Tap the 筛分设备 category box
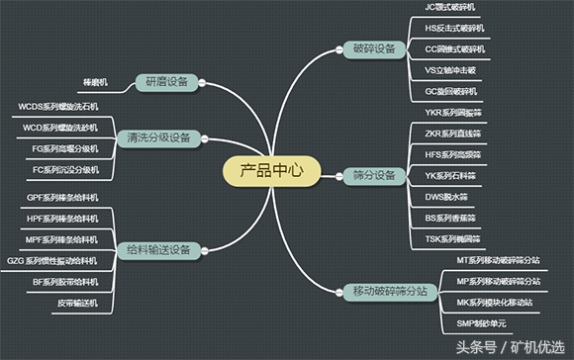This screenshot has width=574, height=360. (x=373, y=175)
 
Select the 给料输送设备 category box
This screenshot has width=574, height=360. (x=158, y=250)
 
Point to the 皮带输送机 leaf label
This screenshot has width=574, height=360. (x=76, y=303)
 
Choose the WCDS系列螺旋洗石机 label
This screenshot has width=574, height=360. (x=58, y=106)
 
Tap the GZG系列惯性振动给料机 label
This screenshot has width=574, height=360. (x=51, y=261)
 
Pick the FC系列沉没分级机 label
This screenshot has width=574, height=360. (x=64, y=169)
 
